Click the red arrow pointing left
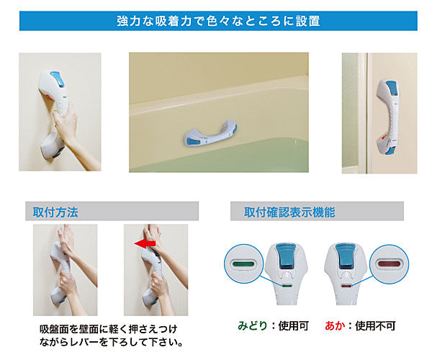(145, 244)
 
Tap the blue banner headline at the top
(218, 21)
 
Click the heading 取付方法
(55, 212)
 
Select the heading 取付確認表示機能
(289, 212)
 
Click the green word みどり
(253, 325)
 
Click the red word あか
(335, 325)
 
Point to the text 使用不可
(375, 325)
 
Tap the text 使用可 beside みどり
(294, 325)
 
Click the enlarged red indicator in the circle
(389, 264)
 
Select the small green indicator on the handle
(287, 286)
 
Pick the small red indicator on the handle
(346, 286)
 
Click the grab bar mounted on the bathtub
(211, 132)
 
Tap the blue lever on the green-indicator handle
(287, 256)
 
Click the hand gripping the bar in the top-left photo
(66, 123)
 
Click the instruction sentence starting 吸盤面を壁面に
(111, 336)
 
